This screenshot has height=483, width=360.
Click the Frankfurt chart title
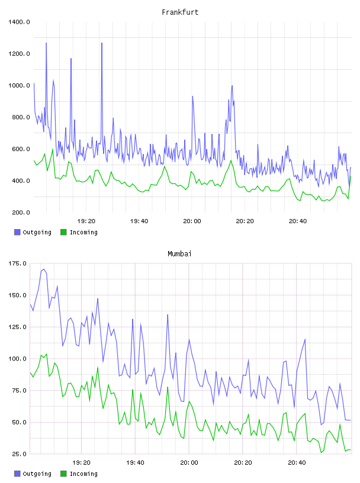click(180, 12)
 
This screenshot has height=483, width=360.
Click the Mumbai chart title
click(179, 254)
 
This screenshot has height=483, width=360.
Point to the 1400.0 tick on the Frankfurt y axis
click(19, 22)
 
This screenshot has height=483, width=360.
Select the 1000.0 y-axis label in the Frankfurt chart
click(19, 85)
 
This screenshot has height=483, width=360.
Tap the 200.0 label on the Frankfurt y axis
click(21, 212)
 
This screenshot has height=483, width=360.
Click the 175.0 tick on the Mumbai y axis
click(17, 263)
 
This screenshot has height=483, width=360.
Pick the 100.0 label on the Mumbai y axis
click(17, 359)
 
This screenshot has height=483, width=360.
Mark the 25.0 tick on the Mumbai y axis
click(19, 454)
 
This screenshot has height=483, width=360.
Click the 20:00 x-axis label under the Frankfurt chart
click(192, 221)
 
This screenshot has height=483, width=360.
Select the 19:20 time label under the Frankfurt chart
click(86, 221)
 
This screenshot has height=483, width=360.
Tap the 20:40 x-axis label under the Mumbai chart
click(297, 463)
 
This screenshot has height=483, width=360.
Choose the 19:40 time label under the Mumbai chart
click(136, 463)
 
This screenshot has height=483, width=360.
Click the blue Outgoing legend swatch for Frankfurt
click(17, 232)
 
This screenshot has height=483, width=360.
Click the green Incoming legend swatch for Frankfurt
click(63, 232)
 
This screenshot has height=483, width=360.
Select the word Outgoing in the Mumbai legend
click(37, 474)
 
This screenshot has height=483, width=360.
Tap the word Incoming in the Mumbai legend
click(83, 474)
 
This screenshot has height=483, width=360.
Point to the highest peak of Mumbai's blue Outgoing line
click(44, 269)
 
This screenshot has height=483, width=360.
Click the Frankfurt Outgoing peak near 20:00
click(192, 96)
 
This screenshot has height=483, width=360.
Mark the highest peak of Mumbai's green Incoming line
click(46, 354)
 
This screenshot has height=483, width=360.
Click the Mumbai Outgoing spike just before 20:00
click(168, 314)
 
